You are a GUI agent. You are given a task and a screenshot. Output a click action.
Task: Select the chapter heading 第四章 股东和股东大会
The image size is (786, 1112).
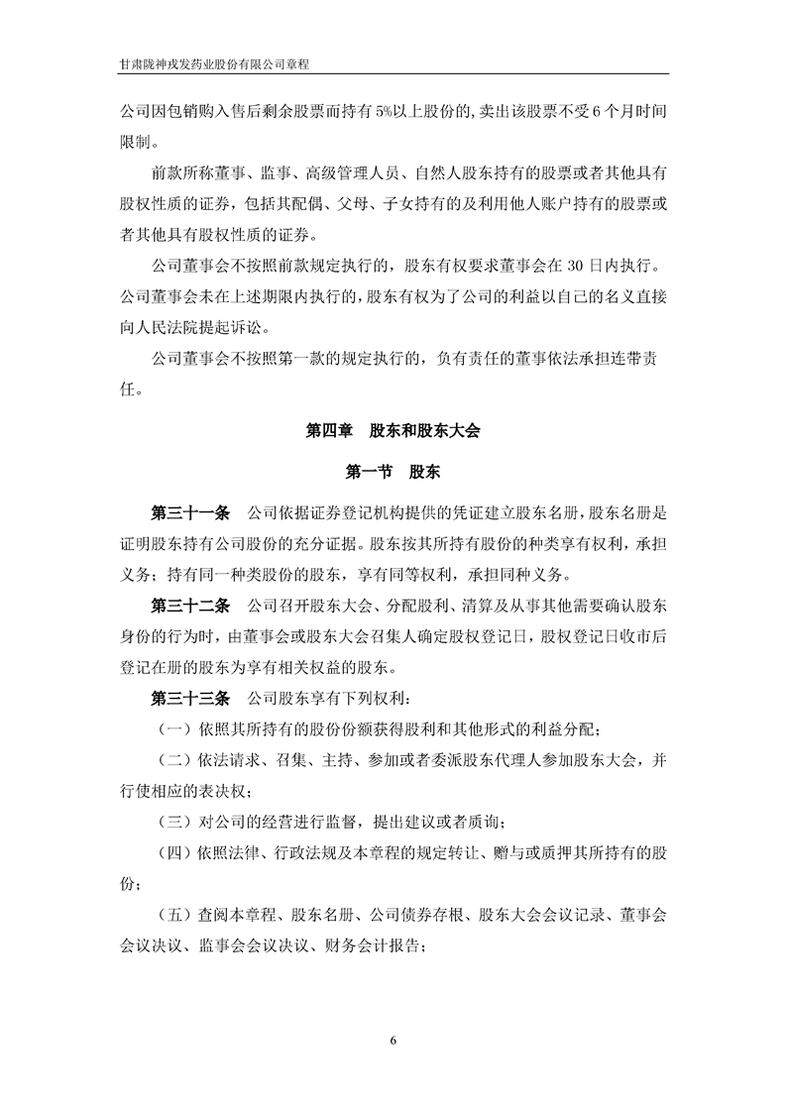(393, 431)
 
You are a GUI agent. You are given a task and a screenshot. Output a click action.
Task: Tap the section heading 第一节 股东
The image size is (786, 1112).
(393, 473)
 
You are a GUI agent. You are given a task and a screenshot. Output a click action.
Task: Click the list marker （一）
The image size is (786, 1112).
(174, 729)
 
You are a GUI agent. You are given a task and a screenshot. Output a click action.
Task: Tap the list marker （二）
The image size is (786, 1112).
(174, 761)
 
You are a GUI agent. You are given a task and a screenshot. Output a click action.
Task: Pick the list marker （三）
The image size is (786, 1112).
(174, 822)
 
